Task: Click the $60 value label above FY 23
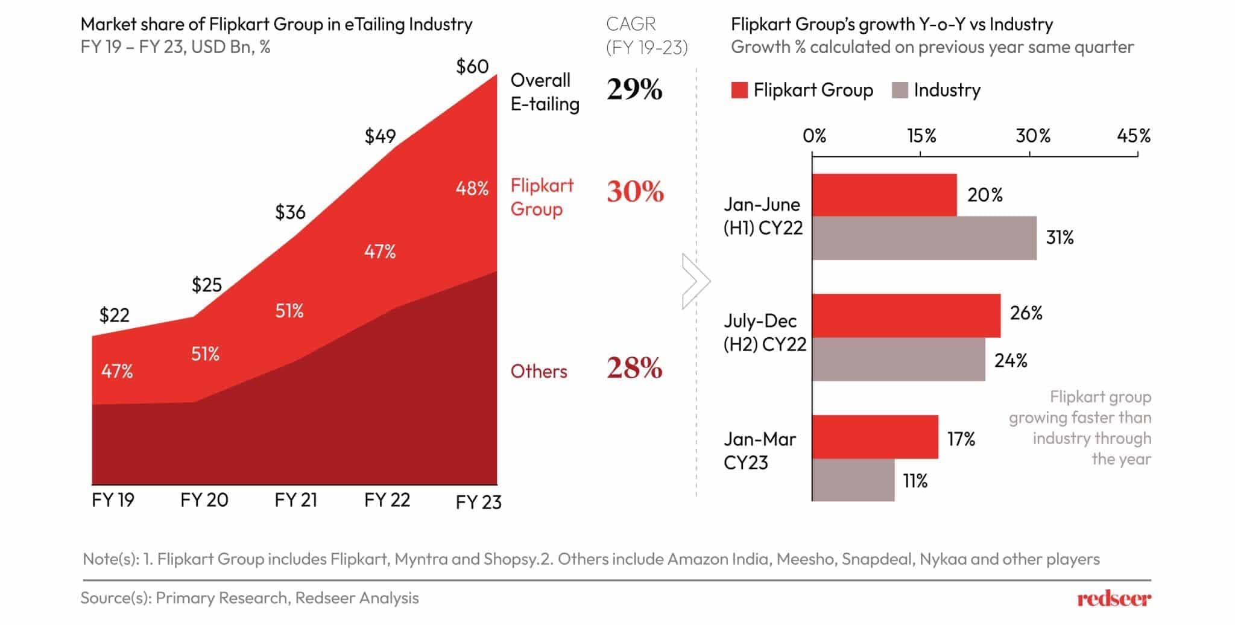click(x=472, y=66)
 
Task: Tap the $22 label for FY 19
click(x=114, y=315)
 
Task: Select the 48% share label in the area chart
click(x=472, y=189)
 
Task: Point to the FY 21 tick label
click(x=295, y=500)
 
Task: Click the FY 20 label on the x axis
click(x=204, y=500)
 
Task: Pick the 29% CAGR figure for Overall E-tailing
click(x=634, y=90)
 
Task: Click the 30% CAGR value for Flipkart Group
click(x=635, y=192)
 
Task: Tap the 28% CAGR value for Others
click(x=634, y=368)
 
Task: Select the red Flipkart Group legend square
click(x=739, y=90)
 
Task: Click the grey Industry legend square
click(x=899, y=90)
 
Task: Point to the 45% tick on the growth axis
click(x=1133, y=136)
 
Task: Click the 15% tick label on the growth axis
click(x=921, y=136)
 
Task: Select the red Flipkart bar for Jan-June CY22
click(x=884, y=195)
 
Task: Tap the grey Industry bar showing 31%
click(x=924, y=238)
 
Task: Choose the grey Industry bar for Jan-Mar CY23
click(x=853, y=480)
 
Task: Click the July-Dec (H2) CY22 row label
click(x=764, y=332)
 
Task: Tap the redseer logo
click(x=1114, y=599)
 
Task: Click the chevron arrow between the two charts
click(x=695, y=281)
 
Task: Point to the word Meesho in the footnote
click(x=805, y=559)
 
